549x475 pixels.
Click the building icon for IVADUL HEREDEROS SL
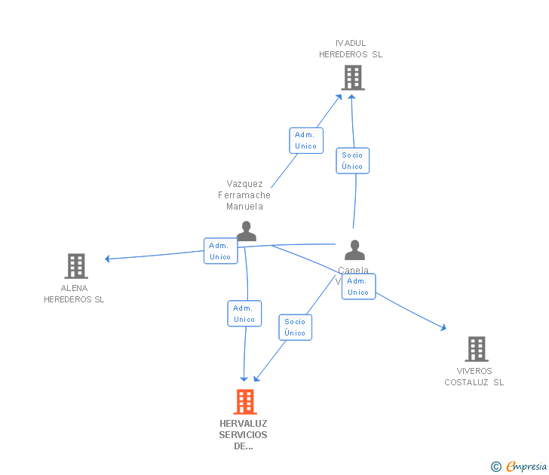tap(352, 78)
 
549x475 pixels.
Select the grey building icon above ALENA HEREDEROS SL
tap(76, 266)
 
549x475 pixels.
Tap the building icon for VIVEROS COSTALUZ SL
tap(477, 349)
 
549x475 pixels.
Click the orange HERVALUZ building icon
tap(245, 402)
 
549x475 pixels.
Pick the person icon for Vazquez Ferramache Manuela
tap(246, 231)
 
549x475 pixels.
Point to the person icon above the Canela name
tap(354, 250)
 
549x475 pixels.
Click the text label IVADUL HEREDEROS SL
tap(351, 49)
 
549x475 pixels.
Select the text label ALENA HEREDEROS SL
tap(74, 294)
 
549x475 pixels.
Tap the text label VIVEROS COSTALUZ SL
tap(474, 376)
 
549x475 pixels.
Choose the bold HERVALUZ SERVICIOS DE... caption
tap(244, 434)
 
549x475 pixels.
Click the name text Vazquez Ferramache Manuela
tap(244, 195)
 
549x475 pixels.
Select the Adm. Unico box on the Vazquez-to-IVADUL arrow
tap(306, 140)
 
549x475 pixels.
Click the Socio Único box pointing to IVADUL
tap(352, 161)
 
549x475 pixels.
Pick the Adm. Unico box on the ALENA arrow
tap(220, 251)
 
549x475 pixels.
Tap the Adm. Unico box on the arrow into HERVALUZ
tap(244, 314)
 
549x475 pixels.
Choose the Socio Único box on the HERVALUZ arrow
tap(295, 327)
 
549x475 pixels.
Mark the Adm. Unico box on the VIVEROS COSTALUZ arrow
tap(358, 287)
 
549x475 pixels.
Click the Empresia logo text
tap(525, 467)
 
